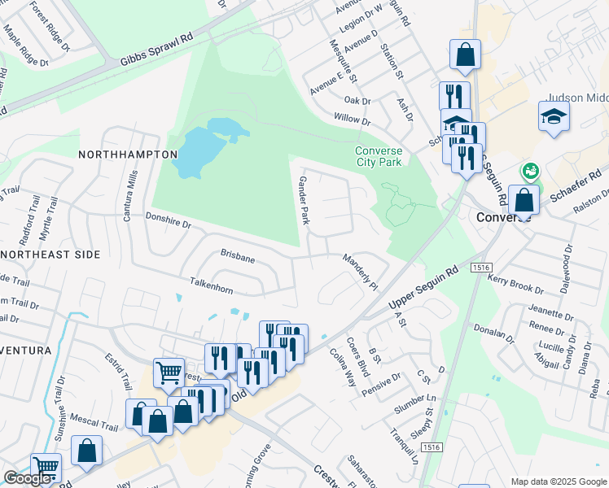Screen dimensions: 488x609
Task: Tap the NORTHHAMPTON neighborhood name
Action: click(x=128, y=154)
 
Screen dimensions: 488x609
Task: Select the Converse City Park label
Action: click(x=379, y=156)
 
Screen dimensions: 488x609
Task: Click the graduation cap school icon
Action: click(x=554, y=116)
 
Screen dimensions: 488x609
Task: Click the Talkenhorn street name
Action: click(x=211, y=289)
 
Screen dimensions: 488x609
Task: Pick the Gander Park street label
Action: click(x=304, y=200)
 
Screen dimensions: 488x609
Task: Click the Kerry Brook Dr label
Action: click(x=515, y=284)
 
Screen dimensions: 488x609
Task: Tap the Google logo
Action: click(x=27, y=478)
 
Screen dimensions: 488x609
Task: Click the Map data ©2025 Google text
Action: click(x=559, y=481)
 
